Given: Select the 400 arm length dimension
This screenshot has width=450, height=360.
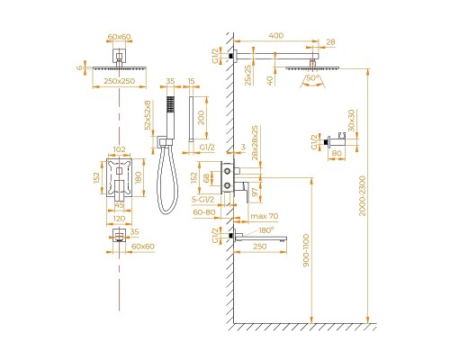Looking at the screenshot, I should (276, 36).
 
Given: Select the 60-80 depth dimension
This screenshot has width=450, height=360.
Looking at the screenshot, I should (205, 212).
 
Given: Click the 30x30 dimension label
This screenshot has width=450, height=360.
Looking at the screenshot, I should (349, 119).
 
